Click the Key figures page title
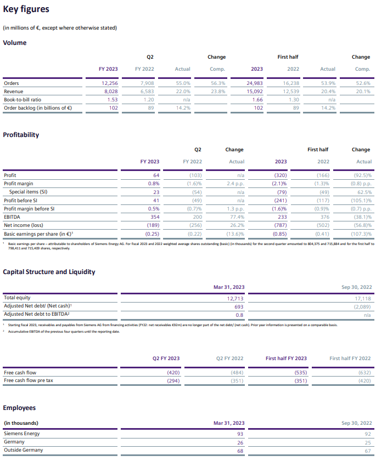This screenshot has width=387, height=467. [26, 9]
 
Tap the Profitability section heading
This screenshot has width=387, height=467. [21, 134]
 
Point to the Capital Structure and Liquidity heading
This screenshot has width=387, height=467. [49, 271]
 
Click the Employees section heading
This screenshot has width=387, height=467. [19, 407]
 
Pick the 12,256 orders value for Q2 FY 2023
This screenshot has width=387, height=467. [110, 83]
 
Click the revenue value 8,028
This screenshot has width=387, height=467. [111, 92]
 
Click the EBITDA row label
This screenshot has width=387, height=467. [13, 218]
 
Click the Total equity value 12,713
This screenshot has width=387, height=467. [235, 299]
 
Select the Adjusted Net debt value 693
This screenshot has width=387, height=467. [238, 307]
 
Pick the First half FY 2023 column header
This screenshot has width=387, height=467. [286, 358]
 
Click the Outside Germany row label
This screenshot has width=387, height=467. [23, 451]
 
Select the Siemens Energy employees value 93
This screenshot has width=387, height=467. [240, 434]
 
